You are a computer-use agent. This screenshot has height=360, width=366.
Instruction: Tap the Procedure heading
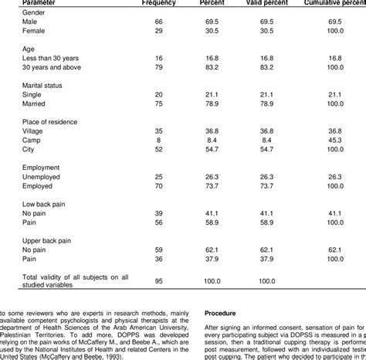click(225, 313)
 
